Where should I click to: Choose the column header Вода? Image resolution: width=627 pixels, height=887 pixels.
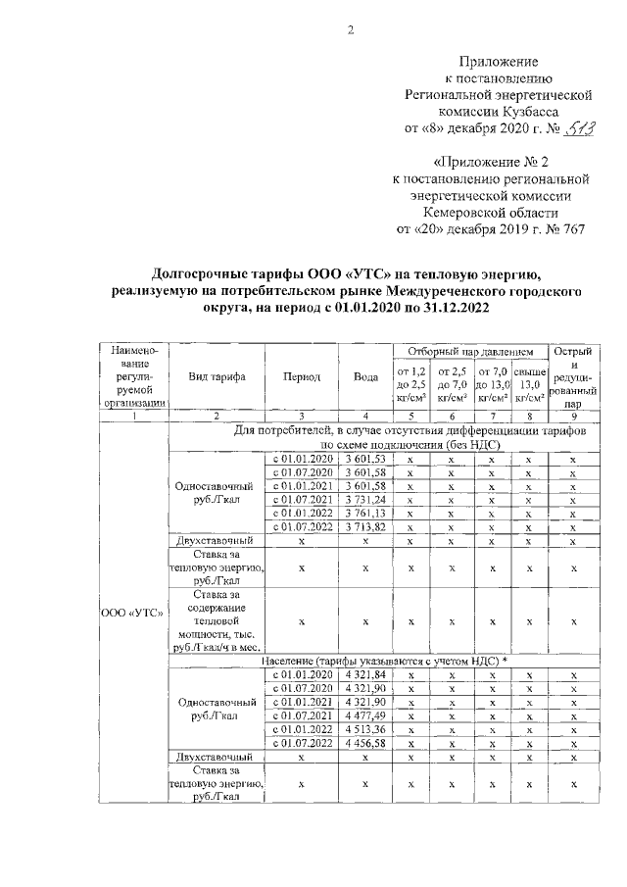click(x=362, y=376)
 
